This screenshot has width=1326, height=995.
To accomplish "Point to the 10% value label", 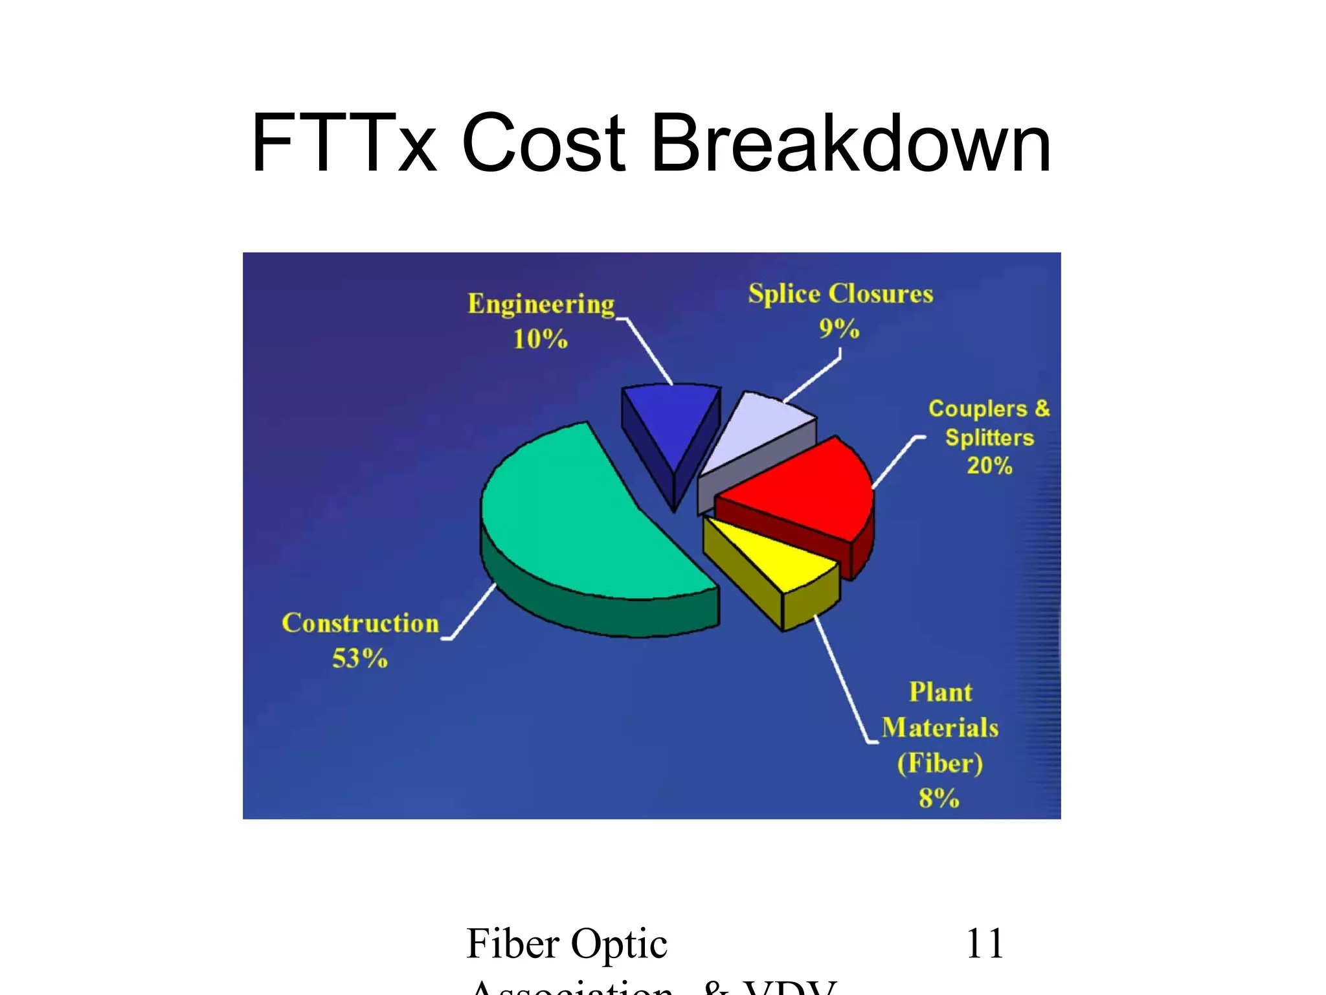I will point(541,339).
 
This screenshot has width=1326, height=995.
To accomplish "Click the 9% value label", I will point(839,328).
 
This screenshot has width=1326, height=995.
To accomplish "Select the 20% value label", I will point(989,466).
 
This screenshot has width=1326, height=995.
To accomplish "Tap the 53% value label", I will point(360,659).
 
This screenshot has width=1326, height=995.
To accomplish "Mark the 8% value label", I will point(939,798).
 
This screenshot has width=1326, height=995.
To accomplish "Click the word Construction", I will point(361,623).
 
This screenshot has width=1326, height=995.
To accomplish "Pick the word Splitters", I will point(989,437).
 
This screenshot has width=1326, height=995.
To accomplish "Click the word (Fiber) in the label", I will point(940,763).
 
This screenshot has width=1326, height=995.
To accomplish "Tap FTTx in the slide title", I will point(343,144).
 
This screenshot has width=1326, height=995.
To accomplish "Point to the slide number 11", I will point(984,943).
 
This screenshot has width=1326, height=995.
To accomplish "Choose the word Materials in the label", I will point(940,728).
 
